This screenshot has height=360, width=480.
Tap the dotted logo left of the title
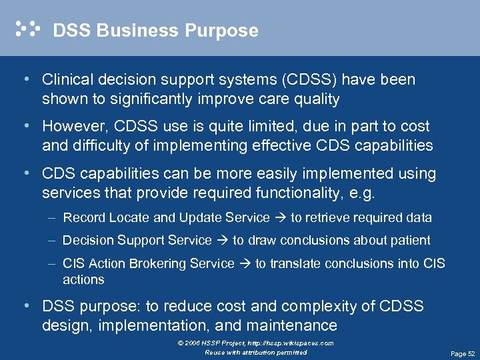[27, 29]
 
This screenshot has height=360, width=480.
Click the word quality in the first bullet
[315, 99]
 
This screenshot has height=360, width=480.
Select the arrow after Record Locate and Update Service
[280, 218]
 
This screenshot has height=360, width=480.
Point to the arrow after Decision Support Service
[222, 241]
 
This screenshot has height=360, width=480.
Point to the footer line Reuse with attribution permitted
[256, 352]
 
